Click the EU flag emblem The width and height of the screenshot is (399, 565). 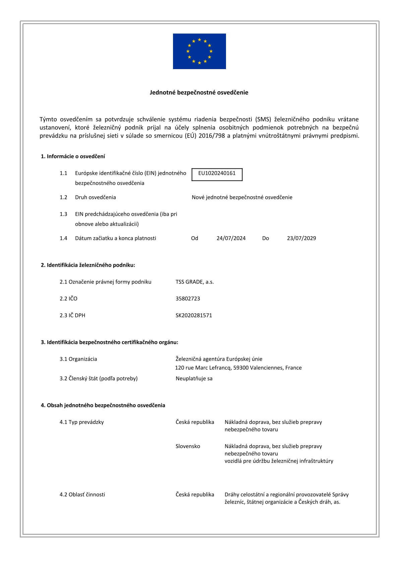tap(199, 51)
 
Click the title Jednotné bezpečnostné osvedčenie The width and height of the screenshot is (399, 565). tap(199, 93)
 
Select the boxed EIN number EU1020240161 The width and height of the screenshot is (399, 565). tap(217, 173)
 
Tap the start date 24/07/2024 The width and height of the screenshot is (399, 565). tap(231, 238)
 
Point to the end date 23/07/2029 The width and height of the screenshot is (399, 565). tap(301, 238)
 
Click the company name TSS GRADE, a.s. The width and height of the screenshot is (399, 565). tap(194, 282)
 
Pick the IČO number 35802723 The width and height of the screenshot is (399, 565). tap(188, 299)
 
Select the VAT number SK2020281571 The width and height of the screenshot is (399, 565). tap(194, 315)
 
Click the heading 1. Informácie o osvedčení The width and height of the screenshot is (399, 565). tap(73, 156)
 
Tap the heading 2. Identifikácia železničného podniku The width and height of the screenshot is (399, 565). tap(88, 265)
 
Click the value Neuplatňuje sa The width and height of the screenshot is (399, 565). tap(194, 378)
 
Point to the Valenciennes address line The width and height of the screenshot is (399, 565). tap(238, 368)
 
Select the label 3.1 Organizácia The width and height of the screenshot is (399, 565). tap(78, 359)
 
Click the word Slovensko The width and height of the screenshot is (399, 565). tap(188, 446)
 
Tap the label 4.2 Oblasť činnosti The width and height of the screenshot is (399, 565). tap(82, 495)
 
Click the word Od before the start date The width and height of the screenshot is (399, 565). tap(195, 238)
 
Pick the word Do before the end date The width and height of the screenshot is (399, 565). tap(266, 238)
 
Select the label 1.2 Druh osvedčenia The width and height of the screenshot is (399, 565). tap(88, 197)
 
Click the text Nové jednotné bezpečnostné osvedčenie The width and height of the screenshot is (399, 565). tap(242, 197)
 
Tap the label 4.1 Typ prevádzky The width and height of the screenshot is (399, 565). tap(82, 422)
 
